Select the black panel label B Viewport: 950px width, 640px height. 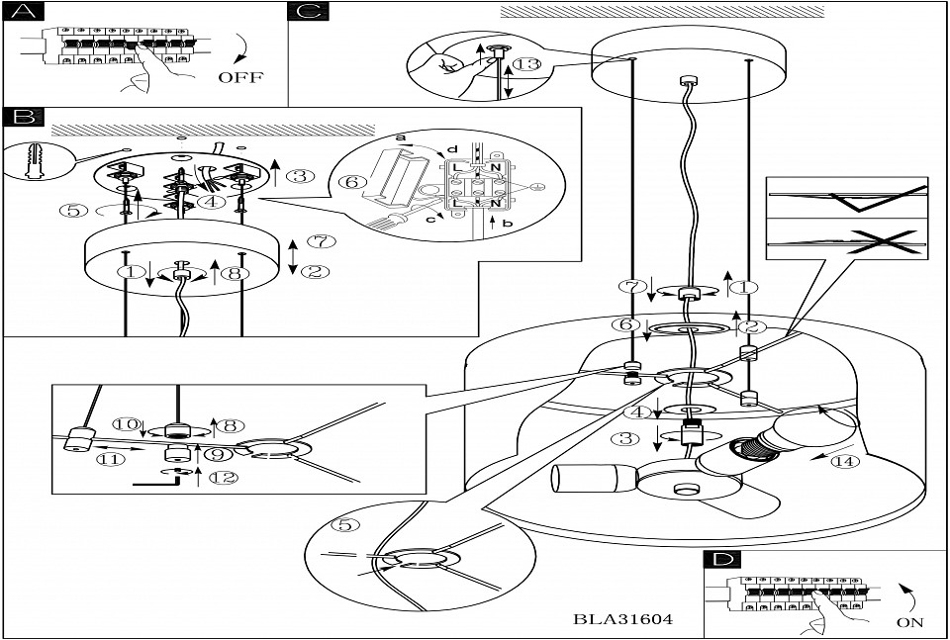click(23, 118)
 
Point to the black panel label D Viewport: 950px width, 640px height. click(724, 559)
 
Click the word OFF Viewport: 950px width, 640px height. click(241, 76)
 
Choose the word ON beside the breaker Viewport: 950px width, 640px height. click(910, 622)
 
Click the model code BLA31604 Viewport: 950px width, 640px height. click(623, 620)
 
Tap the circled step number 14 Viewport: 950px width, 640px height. click(841, 461)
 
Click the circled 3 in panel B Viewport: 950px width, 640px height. click(300, 177)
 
